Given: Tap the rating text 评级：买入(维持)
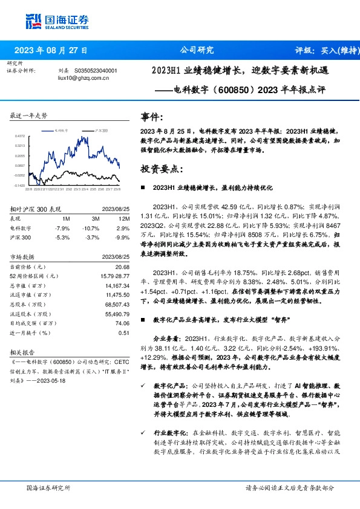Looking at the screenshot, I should coord(326,50).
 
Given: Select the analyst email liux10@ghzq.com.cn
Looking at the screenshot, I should coord(83,78).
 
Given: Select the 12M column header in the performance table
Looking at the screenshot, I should coord(124,218).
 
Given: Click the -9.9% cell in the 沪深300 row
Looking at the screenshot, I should coord(123,238).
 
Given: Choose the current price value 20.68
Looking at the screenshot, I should coord(123,267).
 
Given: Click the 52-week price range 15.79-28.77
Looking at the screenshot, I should coord(114,276).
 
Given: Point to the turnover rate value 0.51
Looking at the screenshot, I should coord(124,333).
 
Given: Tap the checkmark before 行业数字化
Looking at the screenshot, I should coord(143,433).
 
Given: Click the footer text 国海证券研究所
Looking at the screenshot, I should coord(48,487).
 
